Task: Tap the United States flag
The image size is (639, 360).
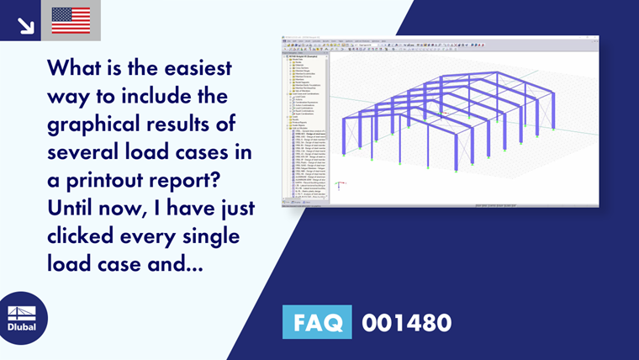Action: pyautogui.click(x=71, y=21)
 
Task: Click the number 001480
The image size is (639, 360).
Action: pyautogui.click(x=407, y=322)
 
